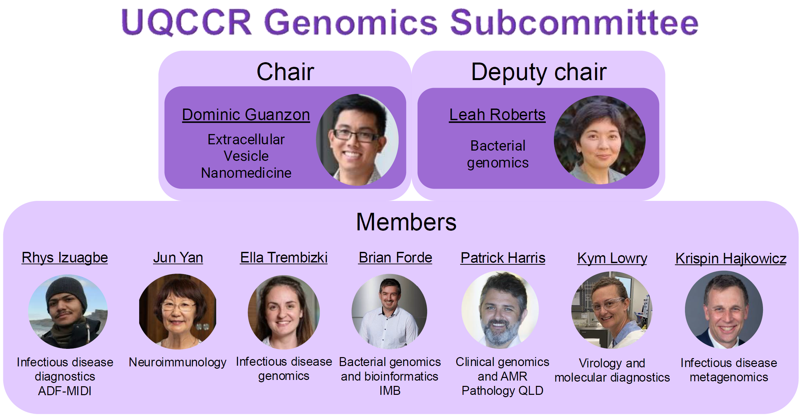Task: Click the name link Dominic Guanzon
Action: (246, 115)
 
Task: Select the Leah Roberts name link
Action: (497, 115)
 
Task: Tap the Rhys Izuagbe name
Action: (65, 258)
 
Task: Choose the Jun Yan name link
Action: (178, 258)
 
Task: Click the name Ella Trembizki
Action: (284, 258)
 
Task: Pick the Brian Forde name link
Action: (395, 258)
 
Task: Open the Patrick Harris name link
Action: (503, 258)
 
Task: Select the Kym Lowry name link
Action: (612, 258)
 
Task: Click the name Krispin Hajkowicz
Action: (731, 259)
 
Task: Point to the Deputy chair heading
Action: (539, 72)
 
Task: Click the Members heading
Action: (406, 222)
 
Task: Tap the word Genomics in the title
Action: (351, 22)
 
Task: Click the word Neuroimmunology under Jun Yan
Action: (178, 363)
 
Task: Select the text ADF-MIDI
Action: (65, 391)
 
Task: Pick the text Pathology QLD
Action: (502, 391)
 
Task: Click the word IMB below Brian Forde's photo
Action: (390, 391)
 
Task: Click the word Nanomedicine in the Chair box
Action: (246, 173)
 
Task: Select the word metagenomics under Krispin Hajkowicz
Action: (729, 377)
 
